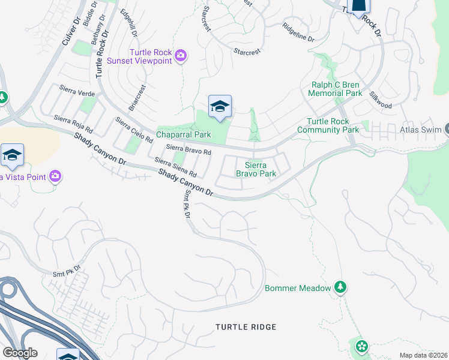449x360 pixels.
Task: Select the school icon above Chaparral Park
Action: pyautogui.click(x=220, y=107)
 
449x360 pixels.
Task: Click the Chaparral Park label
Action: pyautogui.click(x=184, y=135)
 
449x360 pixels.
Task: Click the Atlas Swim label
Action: pyautogui.click(x=420, y=130)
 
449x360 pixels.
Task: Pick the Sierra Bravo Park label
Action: pyautogui.click(x=260, y=169)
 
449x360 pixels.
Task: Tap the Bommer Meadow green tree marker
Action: pyautogui.click(x=340, y=287)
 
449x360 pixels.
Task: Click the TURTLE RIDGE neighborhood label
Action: pyautogui.click(x=246, y=327)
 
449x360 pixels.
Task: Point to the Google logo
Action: pyautogui.click(x=20, y=352)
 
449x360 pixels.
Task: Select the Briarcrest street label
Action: pyautogui.click(x=137, y=98)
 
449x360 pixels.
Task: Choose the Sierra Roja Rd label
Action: pyautogui.click(x=73, y=124)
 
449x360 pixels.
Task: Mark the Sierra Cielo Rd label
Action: pyautogui.click(x=134, y=130)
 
